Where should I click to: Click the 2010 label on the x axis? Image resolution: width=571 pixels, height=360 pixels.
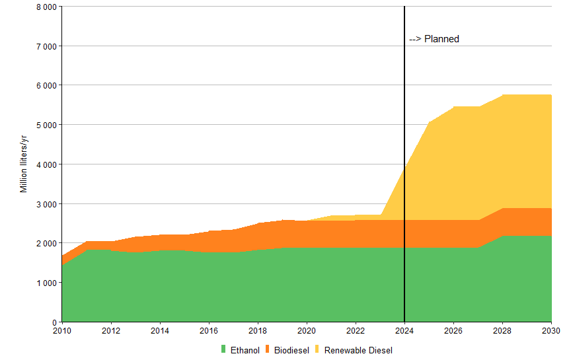coord(62,330)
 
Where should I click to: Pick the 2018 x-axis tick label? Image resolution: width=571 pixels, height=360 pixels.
coord(258,330)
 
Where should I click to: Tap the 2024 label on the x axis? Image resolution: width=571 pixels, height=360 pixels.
coord(404,330)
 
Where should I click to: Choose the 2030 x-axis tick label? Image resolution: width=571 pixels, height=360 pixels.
coord(551,330)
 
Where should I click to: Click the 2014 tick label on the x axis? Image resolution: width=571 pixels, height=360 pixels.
coord(160,330)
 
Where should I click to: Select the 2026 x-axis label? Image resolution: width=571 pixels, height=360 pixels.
coord(453,330)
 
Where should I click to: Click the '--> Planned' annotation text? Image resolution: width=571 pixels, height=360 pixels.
coord(434,39)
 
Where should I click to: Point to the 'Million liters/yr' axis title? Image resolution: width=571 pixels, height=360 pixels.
coord(24,164)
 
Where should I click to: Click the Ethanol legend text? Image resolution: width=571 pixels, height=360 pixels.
coord(245,350)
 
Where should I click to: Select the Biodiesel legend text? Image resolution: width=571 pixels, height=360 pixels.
coord(292,350)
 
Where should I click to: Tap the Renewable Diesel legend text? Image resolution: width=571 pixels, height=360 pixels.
coord(358,350)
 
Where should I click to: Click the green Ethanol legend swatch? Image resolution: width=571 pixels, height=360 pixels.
coord(223,349)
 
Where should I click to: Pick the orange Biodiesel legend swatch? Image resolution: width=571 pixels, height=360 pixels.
coord(268,349)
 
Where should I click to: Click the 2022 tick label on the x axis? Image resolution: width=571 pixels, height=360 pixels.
coord(356,330)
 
